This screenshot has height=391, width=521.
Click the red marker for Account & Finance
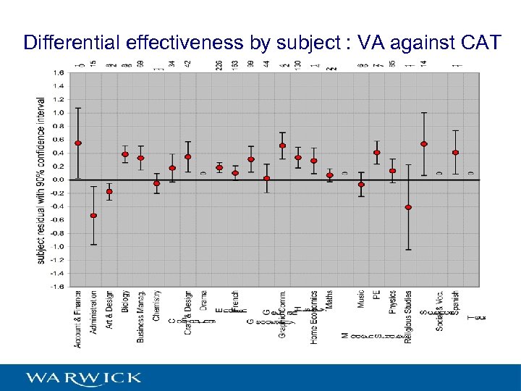pyautogui.click(x=78, y=143)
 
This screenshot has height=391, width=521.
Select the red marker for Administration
pyautogui.click(x=93, y=216)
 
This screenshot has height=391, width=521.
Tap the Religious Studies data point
pyautogui.click(x=408, y=207)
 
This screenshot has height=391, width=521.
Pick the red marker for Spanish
pyautogui.click(x=455, y=153)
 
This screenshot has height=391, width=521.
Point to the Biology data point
pyautogui.click(x=125, y=154)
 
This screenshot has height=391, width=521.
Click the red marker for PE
pyautogui.click(x=377, y=153)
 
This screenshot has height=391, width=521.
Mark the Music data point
pyautogui.click(x=361, y=185)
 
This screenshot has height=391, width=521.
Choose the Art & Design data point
pyautogui.click(x=109, y=192)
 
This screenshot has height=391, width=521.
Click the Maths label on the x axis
pyautogui.click(x=329, y=300)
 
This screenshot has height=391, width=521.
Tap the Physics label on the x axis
pyautogui.click(x=392, y=304)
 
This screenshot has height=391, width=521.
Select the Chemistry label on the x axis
pyautogui.click(x=156, y=306)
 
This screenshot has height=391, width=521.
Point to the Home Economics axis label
pyautogui.click(x=314, y=317)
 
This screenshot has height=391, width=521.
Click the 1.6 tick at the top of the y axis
pyautogui.click(x=58, y=72)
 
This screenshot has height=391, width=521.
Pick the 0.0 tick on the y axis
pyautogui.click(x=58, y=180)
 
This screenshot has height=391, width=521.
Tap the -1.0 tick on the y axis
pyautogui.click(x=57, y=246)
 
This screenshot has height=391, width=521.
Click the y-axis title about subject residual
pyautogui.click(x=41, y=181)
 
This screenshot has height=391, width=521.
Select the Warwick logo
pyautogui.click(x=84, y=378)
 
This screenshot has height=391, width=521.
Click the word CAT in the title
pyautogui.click(x=480, y=43)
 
